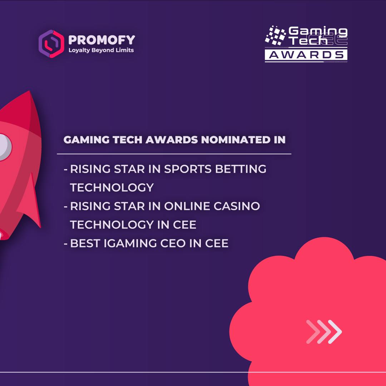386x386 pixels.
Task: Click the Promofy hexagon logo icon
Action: click(51, 44)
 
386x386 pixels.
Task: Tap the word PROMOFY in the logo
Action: click(102, 40)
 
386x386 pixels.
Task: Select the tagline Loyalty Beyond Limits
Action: click(101, 50)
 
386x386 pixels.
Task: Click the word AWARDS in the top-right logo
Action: click(306, 55)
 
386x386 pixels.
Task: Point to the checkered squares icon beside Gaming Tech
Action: click(276, 35)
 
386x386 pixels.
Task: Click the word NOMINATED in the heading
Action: click(236, 140)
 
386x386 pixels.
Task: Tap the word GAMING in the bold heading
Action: click(86, 140)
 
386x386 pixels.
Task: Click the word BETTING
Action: click(241, 169)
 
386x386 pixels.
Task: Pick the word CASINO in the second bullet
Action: click(237, 206)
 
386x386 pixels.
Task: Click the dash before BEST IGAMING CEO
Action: click(65, 244)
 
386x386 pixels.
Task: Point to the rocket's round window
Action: click(4, 147)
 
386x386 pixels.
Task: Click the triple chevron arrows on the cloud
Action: click(324, 332)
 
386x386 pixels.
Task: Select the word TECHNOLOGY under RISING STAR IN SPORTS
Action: click(112, 188)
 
